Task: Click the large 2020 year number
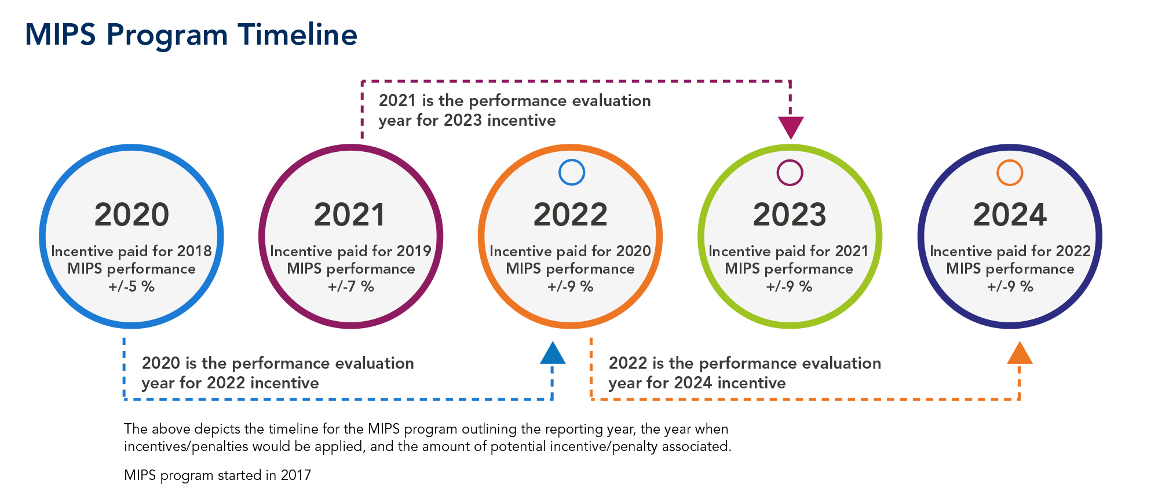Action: tap(131, 214)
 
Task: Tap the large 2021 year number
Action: tap(350, 214)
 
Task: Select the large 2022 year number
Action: tap(570, 214)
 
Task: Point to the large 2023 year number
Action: tap(790, 214)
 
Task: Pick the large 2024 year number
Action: tap(1010, 214)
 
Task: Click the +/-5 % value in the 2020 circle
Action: tap(131, 286)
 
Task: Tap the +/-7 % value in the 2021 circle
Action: tap(351, 286)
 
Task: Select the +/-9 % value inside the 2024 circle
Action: tap(1010, 286)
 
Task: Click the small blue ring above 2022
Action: tap(572, 172)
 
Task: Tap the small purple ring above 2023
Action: tap(790, 172)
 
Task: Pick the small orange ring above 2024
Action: tap(1010, 172)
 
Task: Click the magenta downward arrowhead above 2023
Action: tap(791, 126)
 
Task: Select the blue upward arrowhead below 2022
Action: tap(553, 354)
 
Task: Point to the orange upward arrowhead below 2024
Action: tap(1020, 354)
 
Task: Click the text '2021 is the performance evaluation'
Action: tap(514, 101)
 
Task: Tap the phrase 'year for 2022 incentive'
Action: tap(230, 383)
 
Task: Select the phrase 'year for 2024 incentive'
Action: tap(697, 383)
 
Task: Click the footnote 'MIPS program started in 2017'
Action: tap(217, 475)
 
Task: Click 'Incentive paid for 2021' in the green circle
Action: tap(788, 251)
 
